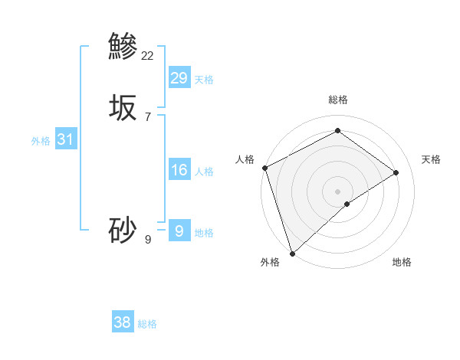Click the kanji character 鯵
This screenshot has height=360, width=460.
click(x=123, y=46)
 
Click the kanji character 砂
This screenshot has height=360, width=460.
click(x=123, y=230)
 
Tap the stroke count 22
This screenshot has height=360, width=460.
click(x=148, y=55)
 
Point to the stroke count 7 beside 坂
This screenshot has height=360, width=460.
click(x=148, y=116)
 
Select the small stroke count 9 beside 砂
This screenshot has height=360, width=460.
click(x=148, y=239)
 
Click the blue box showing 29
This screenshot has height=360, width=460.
click(x=179, y=77)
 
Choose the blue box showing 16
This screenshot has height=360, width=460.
click(x=179, y=170)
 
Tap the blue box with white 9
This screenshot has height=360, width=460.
click(x=179, y=231)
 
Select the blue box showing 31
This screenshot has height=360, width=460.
click(x=66, y=139)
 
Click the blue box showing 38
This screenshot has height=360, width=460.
click(x=123, y=322)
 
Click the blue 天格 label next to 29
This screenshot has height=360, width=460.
click(x=204, y=79)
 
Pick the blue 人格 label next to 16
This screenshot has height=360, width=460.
click(x=204, y=172)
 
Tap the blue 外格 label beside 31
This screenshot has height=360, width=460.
click(x=41, y=141)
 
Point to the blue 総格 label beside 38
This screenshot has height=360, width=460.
click(x=147, y=324)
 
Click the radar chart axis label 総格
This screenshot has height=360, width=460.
click(x=338, y=100)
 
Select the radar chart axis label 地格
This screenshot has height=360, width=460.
click(x=402, y=262)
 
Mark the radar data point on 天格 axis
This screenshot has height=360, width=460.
click(x=396, y=172)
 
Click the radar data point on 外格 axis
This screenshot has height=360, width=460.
click(x=291, y=253)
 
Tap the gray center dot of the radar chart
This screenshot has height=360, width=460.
click(x=338, y=191)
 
